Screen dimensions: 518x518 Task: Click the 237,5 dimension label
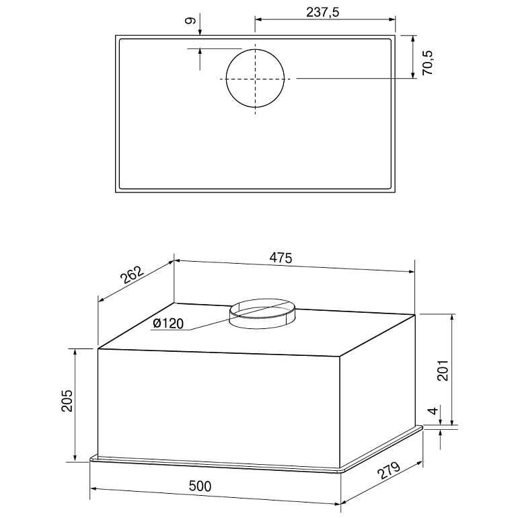(322, 12)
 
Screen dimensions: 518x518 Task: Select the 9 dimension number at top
(190, 21)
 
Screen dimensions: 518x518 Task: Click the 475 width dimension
(281, 258)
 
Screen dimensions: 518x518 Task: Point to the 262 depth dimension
(132, 275)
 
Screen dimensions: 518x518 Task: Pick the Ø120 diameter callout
(168, 323)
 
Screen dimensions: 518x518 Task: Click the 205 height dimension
(67, 400)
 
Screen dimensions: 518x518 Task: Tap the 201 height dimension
(443, 370)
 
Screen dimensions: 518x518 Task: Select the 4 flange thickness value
(433, 410)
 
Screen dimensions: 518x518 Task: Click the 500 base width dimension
(200, 486)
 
